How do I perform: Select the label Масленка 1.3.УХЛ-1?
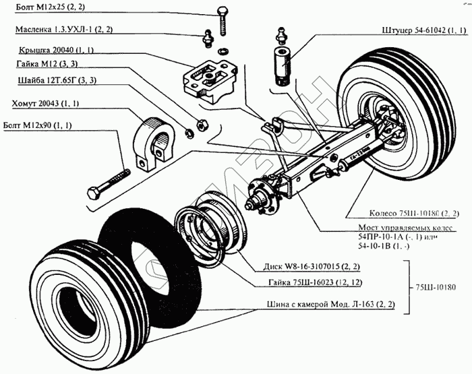pyautogui.click(x=63, y=30)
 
